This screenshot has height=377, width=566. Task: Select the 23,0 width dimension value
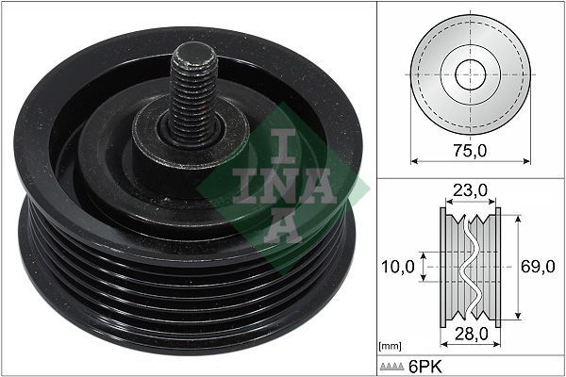click(469, 190)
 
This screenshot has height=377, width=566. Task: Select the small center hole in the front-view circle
click(469, 74)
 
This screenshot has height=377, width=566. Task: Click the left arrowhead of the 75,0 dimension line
click(412, 133)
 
